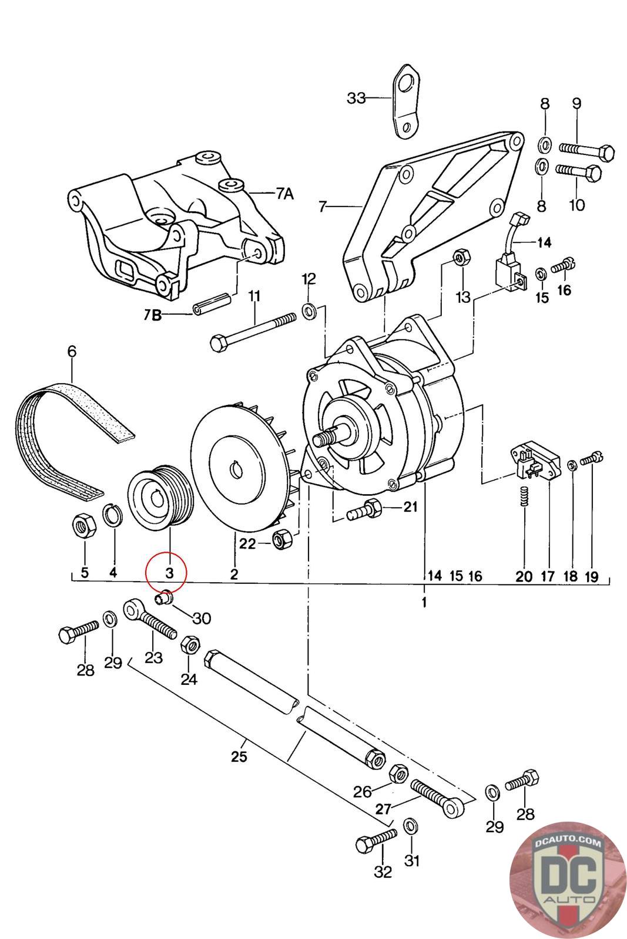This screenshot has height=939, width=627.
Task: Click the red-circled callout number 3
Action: [169, 573]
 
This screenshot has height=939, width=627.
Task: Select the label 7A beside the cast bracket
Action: [284, 194]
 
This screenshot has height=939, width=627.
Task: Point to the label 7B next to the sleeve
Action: [153, 315]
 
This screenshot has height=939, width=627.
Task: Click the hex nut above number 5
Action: [83, 525]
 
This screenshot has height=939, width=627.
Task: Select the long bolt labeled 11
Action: [252, 330]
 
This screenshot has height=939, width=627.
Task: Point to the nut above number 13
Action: [462, 256]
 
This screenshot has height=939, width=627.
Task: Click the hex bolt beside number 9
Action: [586, 150]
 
